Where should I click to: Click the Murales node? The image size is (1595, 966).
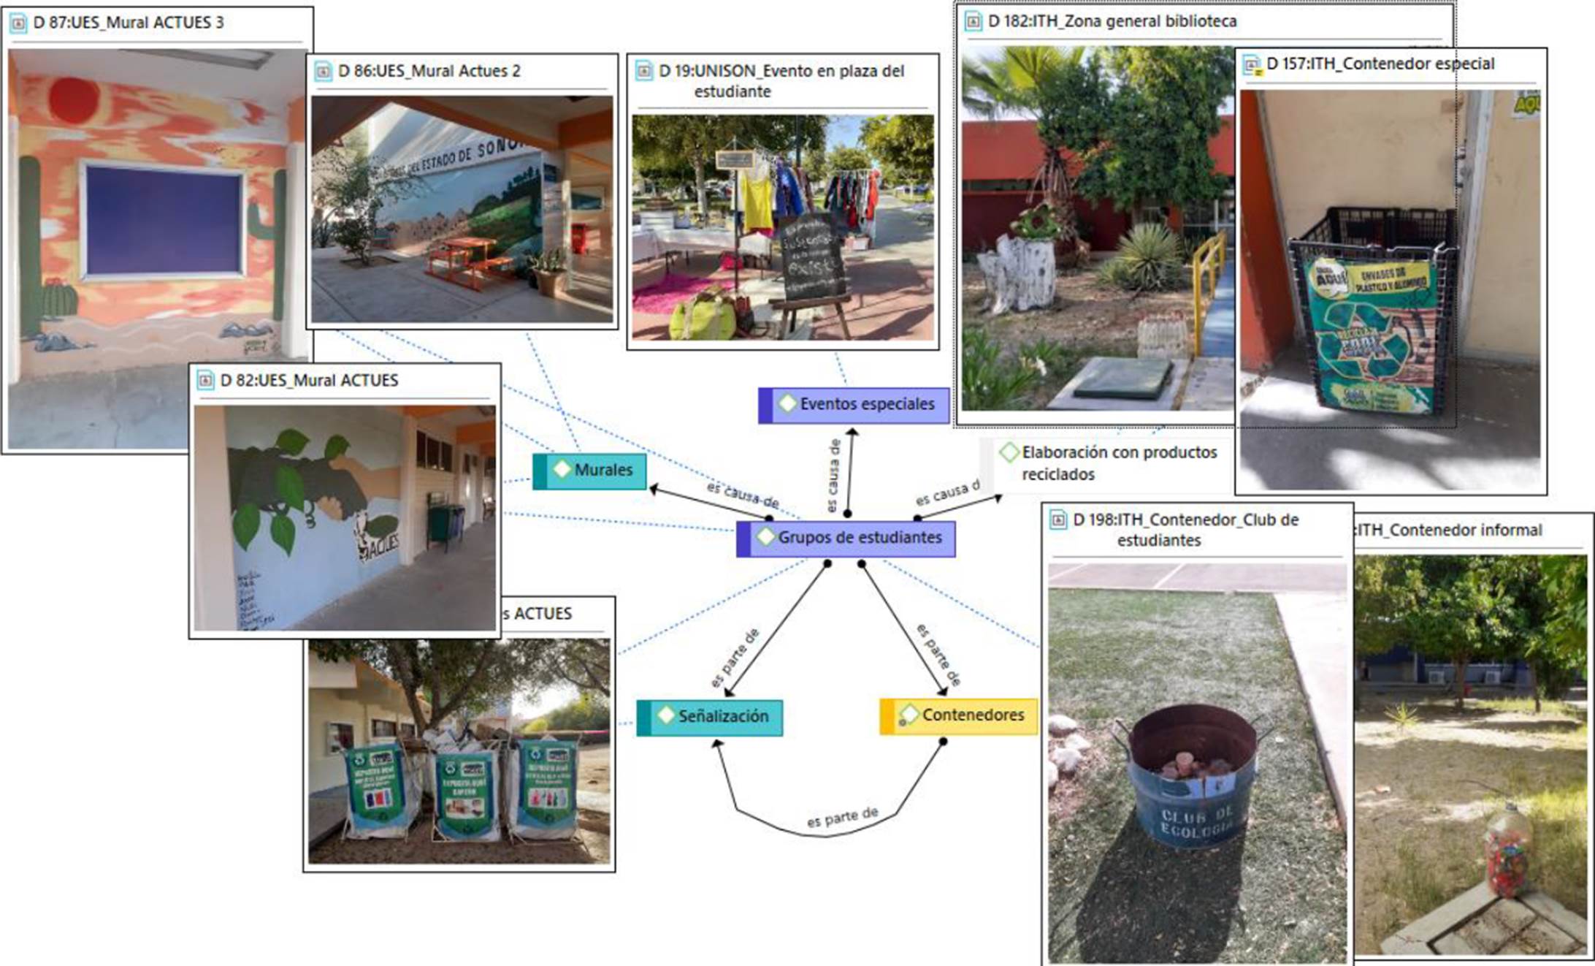[590, 471]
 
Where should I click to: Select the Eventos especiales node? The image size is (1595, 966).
[854, 405]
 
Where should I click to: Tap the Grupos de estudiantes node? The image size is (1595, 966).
[846, 539]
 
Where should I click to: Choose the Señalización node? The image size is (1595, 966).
[710, 717]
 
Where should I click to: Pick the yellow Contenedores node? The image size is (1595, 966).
[959, 715]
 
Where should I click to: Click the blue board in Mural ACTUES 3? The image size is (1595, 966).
[163, 219]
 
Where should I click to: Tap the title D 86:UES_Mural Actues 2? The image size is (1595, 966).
[429, 72]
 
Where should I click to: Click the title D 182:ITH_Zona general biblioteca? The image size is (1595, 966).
[1112, 22]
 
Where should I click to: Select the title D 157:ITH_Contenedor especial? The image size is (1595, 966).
[1380, 64]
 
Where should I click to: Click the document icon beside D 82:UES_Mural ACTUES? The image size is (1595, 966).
[206, 381]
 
